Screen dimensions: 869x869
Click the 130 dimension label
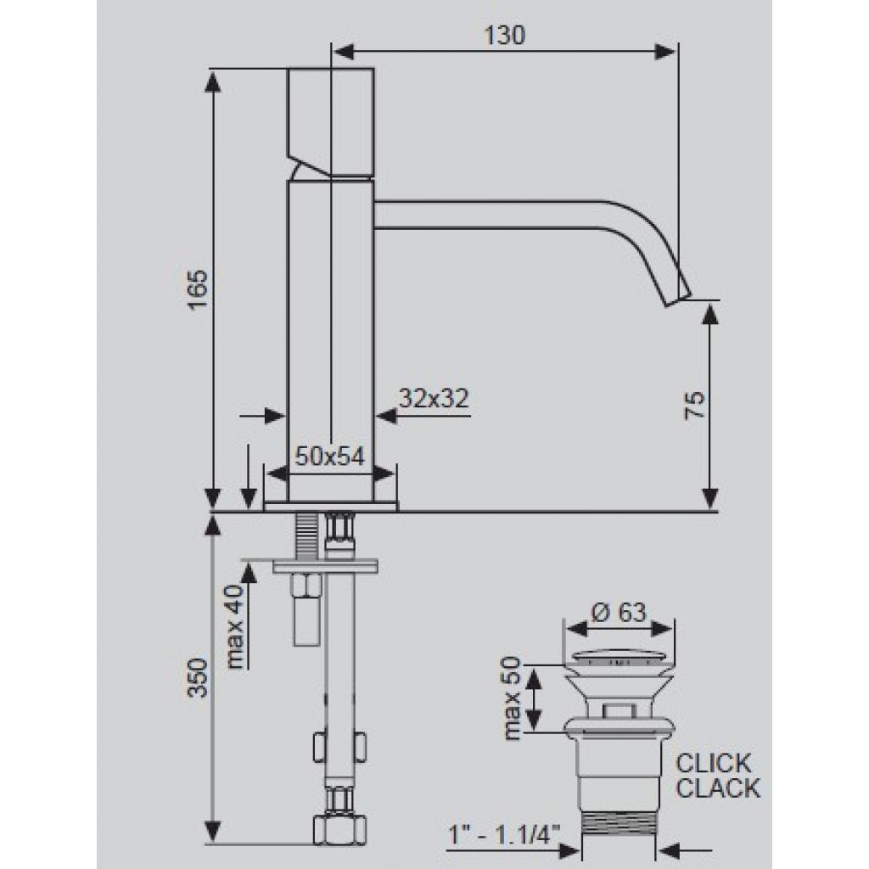point(504,36)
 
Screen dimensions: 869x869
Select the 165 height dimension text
point(199,290)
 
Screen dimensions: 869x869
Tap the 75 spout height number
point(695,405)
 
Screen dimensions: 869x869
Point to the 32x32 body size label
point(434,399)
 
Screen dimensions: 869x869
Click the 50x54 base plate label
point(330,457)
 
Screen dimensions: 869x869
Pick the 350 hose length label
point(199,677)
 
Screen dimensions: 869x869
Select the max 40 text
point(236,626)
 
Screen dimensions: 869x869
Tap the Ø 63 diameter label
point(619,613)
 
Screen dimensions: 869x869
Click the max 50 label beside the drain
point(511,698)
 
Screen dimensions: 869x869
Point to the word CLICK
point(714,764)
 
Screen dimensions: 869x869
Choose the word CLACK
point(718,788)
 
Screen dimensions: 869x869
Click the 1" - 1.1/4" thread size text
point(504,835)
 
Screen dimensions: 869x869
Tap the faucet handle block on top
point(330,122)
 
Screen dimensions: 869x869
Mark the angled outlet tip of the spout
point(678,298)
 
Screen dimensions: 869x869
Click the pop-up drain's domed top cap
point(619,659)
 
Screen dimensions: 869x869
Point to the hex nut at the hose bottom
point(339,828)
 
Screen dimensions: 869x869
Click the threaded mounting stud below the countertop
point(306,536)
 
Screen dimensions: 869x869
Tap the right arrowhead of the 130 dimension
point(665,52)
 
